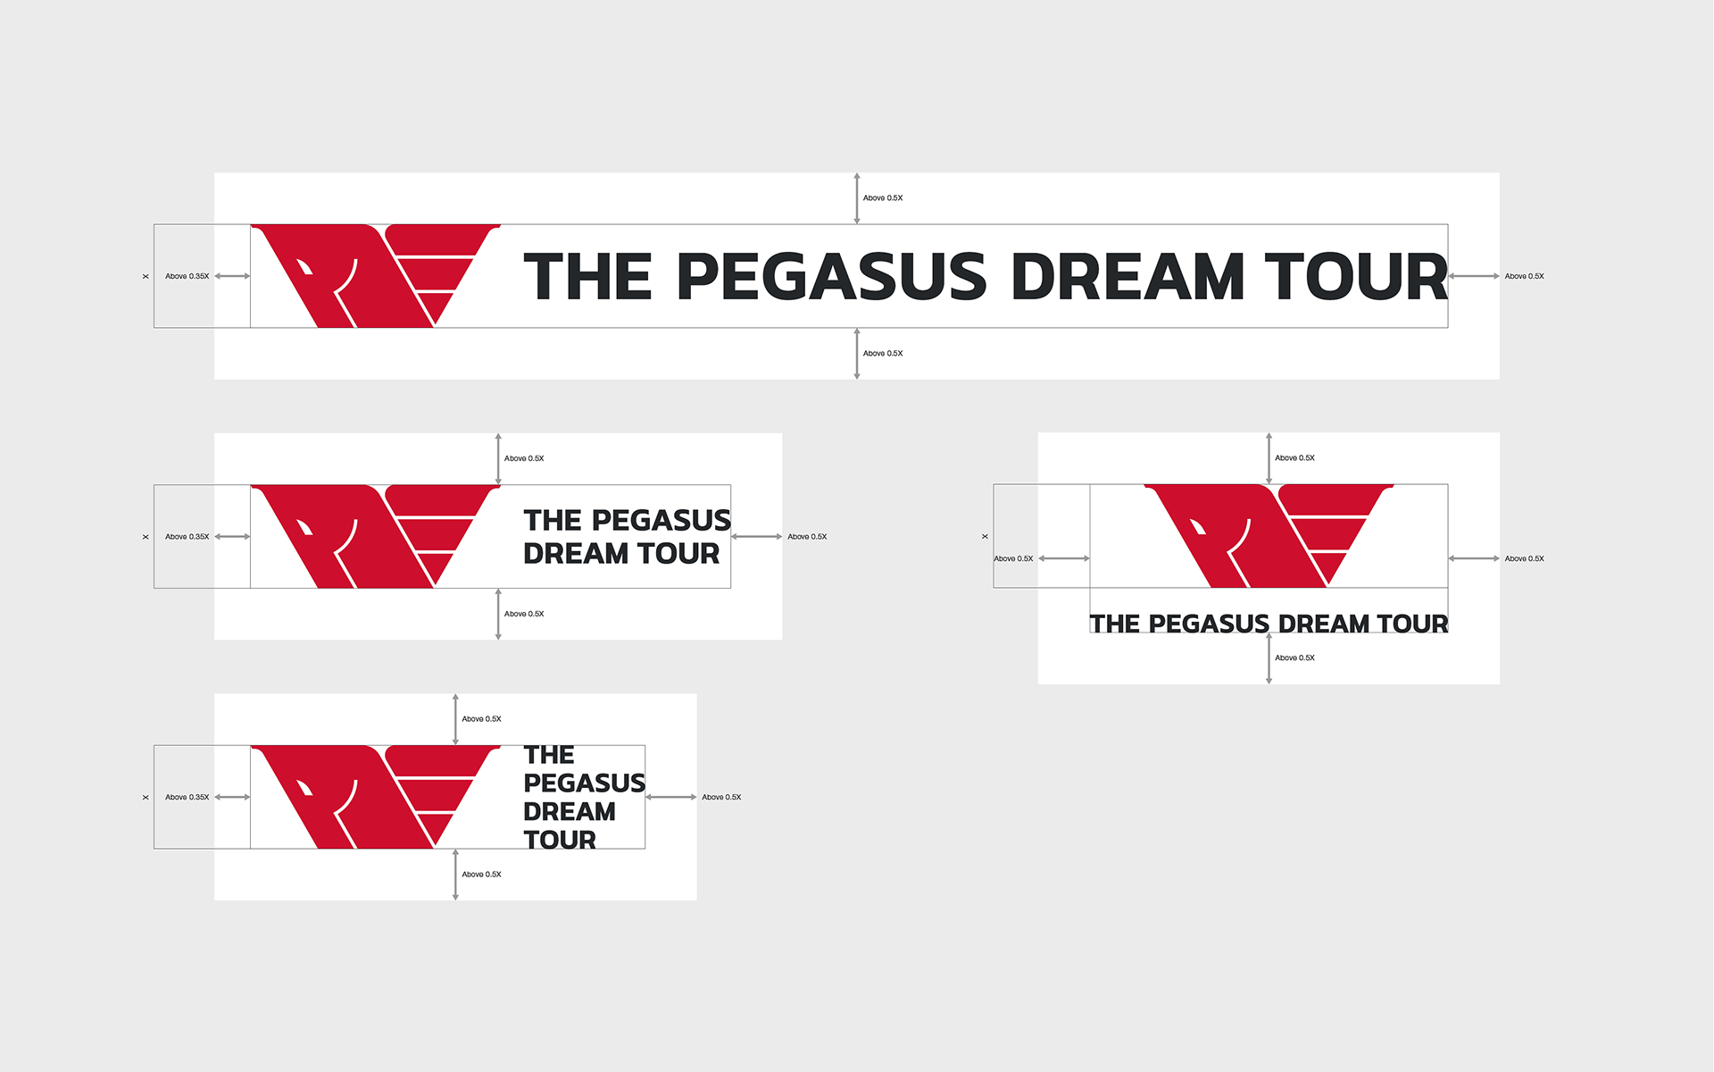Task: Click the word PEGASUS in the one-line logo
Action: point(831,276)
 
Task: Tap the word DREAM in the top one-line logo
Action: point(1128,276)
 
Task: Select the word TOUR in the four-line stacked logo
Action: point(560,840)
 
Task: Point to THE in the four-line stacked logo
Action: point(549,755)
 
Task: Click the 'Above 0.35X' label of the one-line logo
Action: point(187,276)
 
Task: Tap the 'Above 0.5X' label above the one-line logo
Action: point(883,198)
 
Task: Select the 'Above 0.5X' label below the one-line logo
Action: point(883,354)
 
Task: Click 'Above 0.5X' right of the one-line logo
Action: point(1524,276)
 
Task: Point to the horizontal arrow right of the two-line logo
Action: point(757,537)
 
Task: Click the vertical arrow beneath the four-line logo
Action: point(455,875)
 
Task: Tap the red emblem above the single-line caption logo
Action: point(1269,536)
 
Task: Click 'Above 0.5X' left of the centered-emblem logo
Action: point(1013,558)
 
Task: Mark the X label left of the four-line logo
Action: point(146,797)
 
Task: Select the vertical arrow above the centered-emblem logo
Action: point(1269,458)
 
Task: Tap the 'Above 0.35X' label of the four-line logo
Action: point(187,797)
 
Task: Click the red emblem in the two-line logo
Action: point(375,536)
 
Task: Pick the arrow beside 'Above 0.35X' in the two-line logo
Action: point(232,537)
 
